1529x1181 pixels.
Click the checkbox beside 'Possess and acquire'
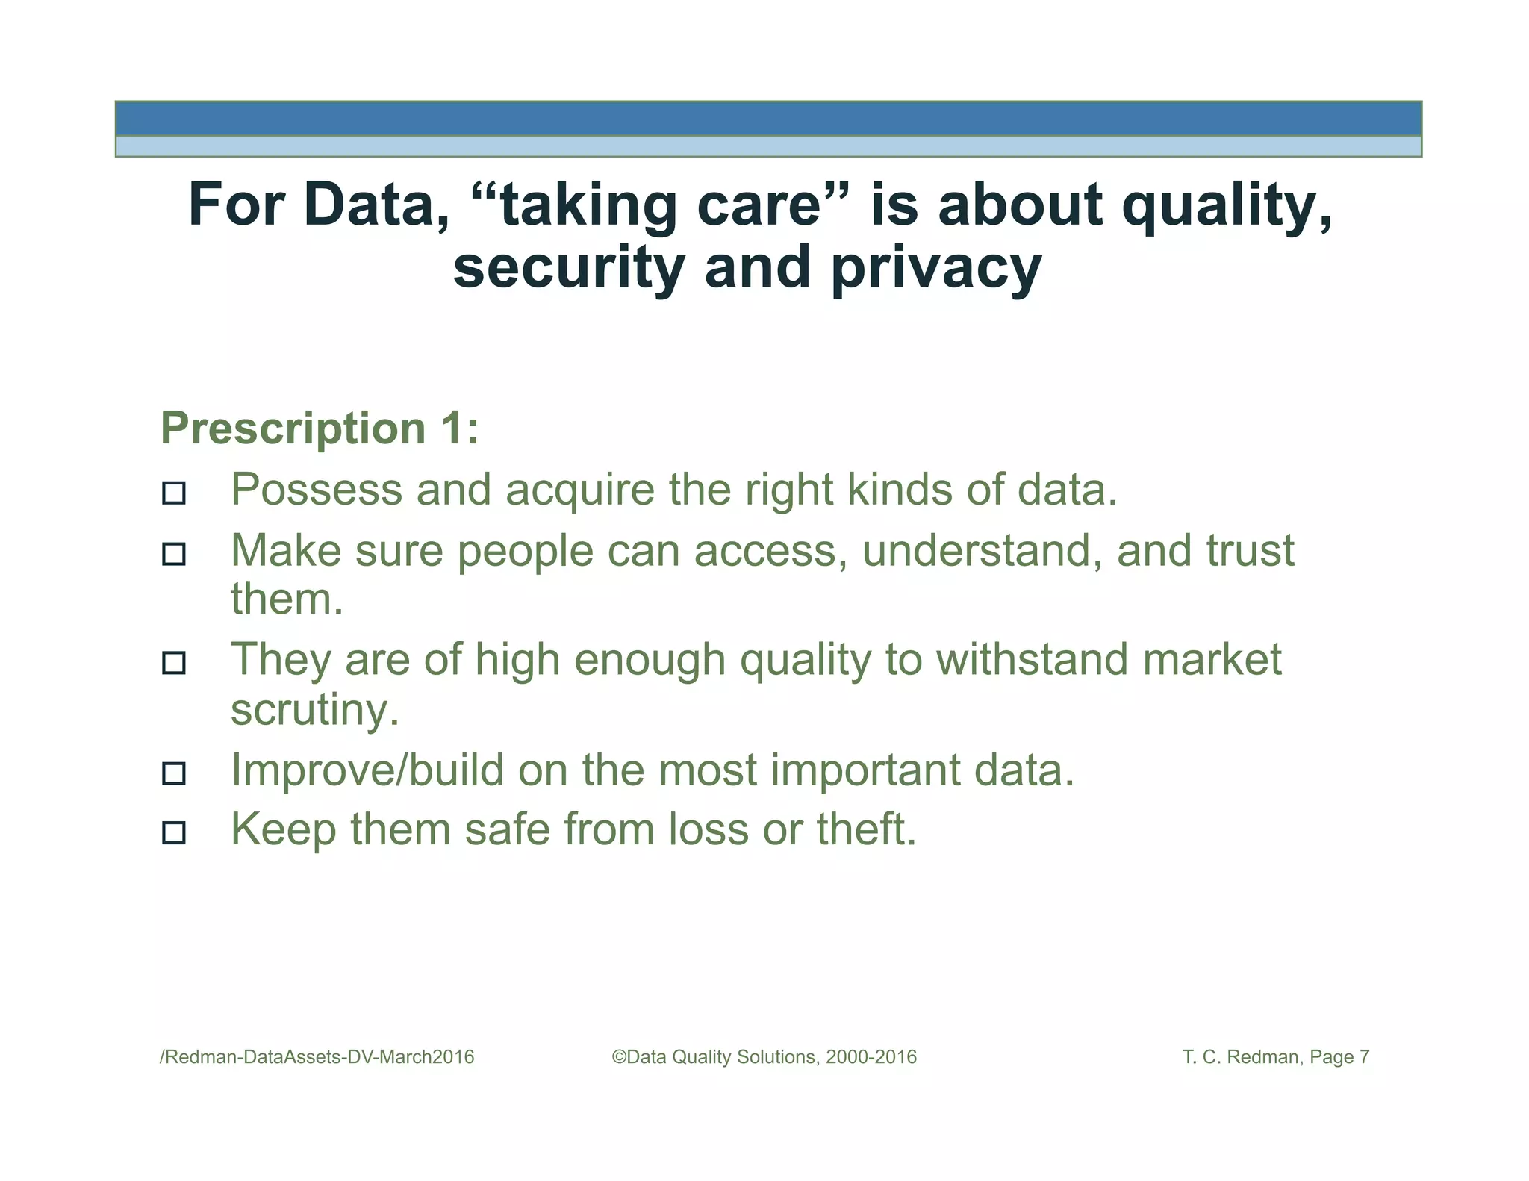174,493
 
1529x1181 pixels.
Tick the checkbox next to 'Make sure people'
174,554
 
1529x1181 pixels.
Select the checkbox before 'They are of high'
174,663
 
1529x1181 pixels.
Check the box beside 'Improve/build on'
174,773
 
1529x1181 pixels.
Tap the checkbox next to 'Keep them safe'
174,832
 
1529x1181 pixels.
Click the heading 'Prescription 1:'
320,429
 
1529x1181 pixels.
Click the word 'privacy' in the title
936,269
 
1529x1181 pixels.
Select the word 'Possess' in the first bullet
317,490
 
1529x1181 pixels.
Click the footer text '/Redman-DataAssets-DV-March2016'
317,1057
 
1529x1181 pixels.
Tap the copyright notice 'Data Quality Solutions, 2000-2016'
764,1057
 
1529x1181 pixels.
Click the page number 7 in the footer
1364,1057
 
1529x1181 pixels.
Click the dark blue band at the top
767,119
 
